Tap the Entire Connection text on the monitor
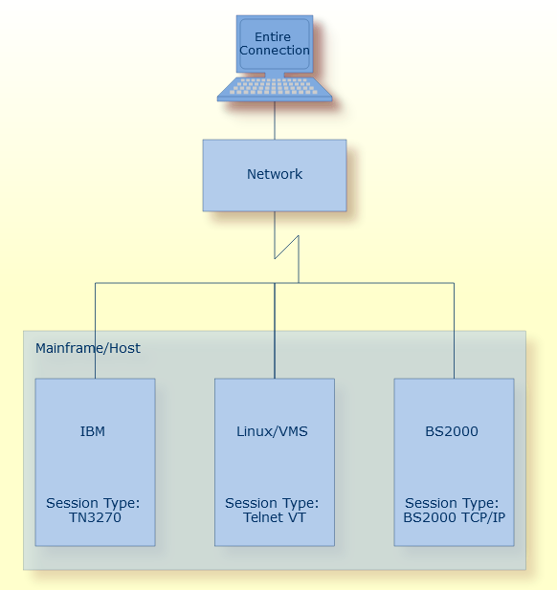[274, 44]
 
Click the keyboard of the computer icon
[275, 88]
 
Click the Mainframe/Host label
[88, 348]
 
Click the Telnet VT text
[275, 517]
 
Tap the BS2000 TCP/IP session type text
[454, 517]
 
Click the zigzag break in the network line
[287, 247]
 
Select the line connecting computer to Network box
[275, 120]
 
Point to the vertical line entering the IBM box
[95, 330]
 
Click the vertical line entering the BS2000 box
[454, 330]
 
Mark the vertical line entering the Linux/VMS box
[275, 330]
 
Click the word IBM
[93, 431]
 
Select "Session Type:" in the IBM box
[93, 503]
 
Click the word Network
[275, 174]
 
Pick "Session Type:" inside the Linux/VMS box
[272, 503]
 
